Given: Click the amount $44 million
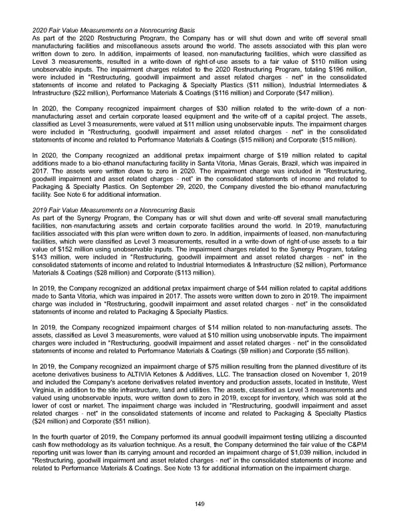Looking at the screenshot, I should tap(246, 287).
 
